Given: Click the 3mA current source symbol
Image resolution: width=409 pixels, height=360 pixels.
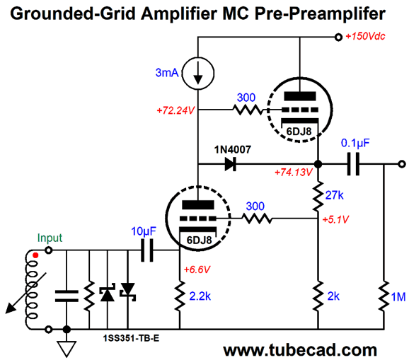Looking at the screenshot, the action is pos(198,73).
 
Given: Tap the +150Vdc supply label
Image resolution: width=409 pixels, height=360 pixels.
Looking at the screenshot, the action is pos(365,37).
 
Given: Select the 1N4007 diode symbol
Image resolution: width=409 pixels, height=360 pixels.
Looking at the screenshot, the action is pos(231,164).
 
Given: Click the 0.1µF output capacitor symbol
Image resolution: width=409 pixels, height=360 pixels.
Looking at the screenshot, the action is pos(353,164).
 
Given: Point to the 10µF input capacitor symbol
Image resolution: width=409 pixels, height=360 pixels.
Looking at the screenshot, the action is pos(147,250).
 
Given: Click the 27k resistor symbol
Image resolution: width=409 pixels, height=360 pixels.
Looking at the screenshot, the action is pos(318,196).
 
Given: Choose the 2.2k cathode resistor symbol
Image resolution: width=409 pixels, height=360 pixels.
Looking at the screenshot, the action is pos(180,296).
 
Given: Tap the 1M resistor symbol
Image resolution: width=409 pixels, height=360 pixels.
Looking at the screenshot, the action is pos(384,296).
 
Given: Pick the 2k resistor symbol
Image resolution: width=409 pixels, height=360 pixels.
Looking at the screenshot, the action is pos(318,296).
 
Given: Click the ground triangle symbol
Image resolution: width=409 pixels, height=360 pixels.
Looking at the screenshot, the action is pos(67,349).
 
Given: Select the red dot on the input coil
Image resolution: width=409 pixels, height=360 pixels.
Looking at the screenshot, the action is pos(35,255).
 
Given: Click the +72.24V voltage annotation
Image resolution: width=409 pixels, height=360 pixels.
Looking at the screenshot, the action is pos(175,111).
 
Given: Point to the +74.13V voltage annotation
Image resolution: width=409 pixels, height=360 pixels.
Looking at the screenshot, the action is pos(294,173).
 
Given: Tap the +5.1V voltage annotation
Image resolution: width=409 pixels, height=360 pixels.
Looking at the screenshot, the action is pos(335,220).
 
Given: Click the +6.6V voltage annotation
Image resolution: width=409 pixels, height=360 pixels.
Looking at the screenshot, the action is pos(197,269).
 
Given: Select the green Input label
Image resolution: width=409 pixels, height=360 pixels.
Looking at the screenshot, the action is pos(50,238).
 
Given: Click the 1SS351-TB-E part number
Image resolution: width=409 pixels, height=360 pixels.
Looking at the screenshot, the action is pos(131,338).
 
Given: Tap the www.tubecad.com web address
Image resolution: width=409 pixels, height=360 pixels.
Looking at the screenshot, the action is pos(300,350).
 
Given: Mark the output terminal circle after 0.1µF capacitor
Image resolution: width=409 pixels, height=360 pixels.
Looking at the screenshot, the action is pos(402,164).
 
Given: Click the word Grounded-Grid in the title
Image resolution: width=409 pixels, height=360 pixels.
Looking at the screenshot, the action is pos(73,13).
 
